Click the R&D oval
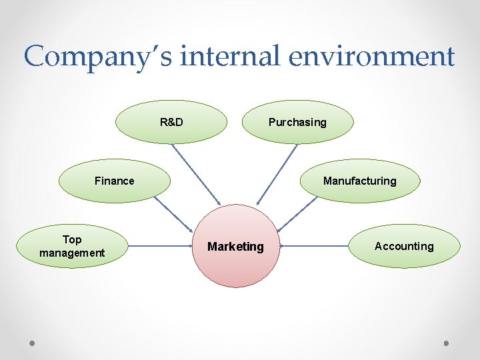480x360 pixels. coord(171,122)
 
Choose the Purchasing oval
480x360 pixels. coord(297,122)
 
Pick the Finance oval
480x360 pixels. coord(115,181)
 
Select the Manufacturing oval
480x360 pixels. coord(359,181)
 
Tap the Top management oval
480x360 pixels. coord(72,246)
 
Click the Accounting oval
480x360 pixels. coord(404,246)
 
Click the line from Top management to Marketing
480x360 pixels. coord(160,247)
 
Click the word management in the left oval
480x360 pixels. coord(72,253)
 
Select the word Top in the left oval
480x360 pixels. coord(72,239)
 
